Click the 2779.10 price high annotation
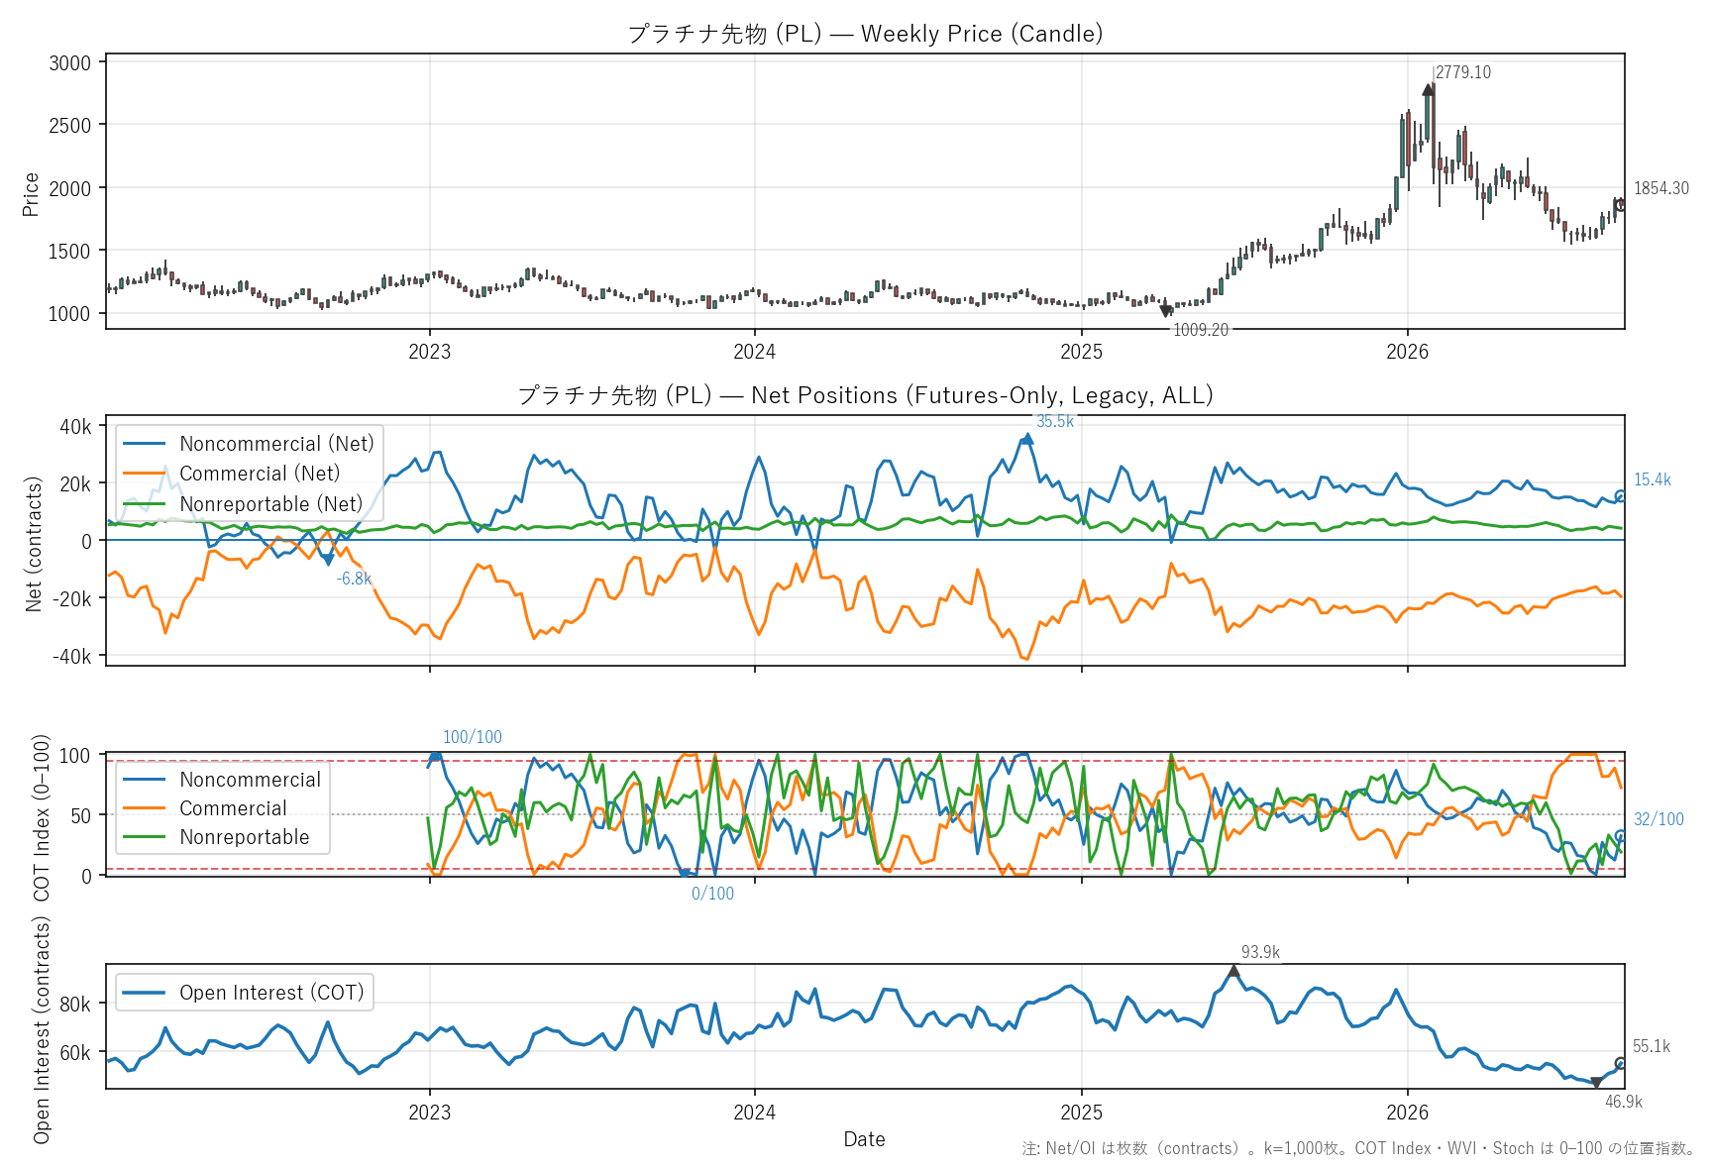[x=1462, y=72]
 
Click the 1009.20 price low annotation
[x=1201, y=330]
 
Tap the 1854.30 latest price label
[x=1661, y=188]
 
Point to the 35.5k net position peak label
[x=1055, y=421]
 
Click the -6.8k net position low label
[x=354, y=579]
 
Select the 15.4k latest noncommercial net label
[x=1653, y=479]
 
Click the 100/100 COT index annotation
[x=473, y=737]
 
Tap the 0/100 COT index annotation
[x=712, y=894]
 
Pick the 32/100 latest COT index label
[x=1658, y=819]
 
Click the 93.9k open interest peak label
[x=1260, y=952]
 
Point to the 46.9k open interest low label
[x=1624, y=1102]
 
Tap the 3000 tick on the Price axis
[x=69, y=63]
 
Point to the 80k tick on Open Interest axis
[x=75, y=1004]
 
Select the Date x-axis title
[x=864, y=1139]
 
